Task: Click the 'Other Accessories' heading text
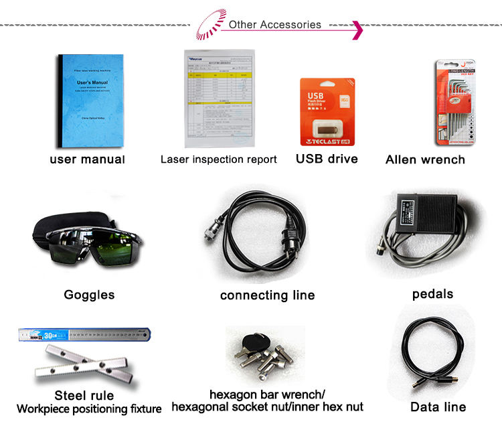point(274,25)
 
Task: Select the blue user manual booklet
point(89,100)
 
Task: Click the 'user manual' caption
point(87,159)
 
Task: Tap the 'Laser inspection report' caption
point(218,159)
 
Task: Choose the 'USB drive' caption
point(327,159)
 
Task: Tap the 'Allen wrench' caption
point(425,160)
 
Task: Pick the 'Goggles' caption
point(89,295)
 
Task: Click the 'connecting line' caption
point(267,295)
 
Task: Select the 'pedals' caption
point(432,294)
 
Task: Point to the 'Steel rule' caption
point(84,395)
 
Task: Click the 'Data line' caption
point(438,407)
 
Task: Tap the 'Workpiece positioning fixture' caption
point(89,409)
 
